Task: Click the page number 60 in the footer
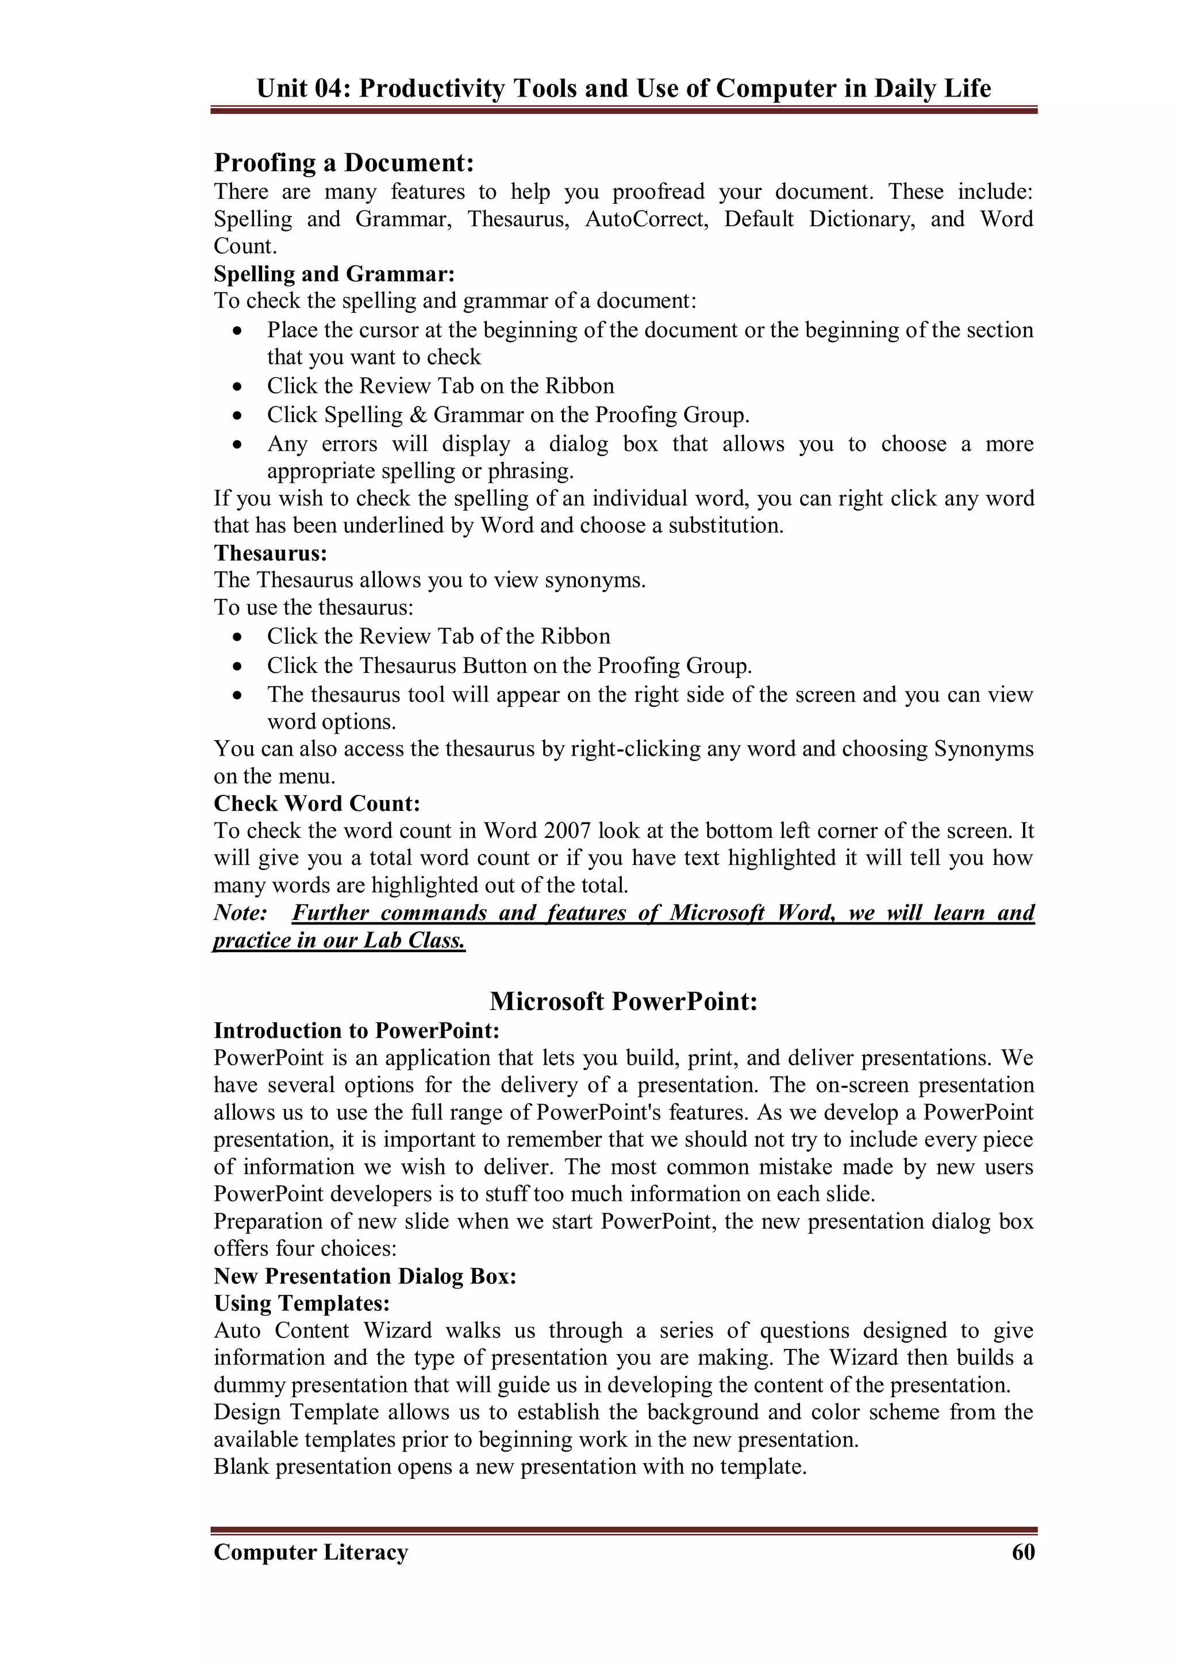click(x=1022, y=1552)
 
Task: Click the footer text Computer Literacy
click(x=310, y=1552)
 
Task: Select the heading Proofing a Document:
click(x=344, y=163)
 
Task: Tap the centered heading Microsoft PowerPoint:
click(x=624, y=1001)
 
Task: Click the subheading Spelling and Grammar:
click(x=334, y=274)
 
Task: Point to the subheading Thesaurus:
click(x=270, y=554)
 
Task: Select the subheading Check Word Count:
click(x=317, y=803)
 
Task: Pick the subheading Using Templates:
click(x=302, y=1303)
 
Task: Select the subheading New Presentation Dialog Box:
click(x=364, y=1275)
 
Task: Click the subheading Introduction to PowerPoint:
click(x=356, y=1031)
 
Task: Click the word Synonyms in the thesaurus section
click(x=983, y=748)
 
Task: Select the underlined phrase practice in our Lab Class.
click(x=339, y=940)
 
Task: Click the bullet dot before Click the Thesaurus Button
click(x=238, y=666)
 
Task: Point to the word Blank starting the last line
click(x=241, y=1467)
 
